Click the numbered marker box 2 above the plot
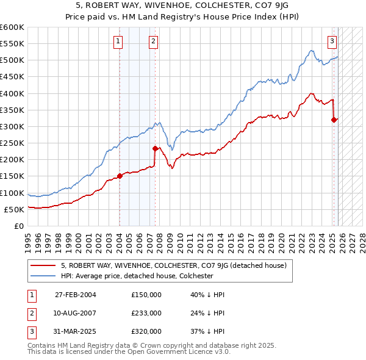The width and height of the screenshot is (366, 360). tap(153, 41)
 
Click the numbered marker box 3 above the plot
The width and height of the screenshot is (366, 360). tap(332, 41)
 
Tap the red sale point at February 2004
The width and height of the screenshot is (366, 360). tap(120, 176)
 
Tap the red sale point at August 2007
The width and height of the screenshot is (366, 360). tap(155, 148)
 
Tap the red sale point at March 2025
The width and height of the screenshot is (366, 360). tap(334, 120)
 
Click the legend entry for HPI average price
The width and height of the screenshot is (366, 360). tap(137, 276)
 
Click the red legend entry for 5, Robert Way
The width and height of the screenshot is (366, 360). tap(178, 265)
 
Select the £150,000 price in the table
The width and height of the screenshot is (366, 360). tap(146, 295)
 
